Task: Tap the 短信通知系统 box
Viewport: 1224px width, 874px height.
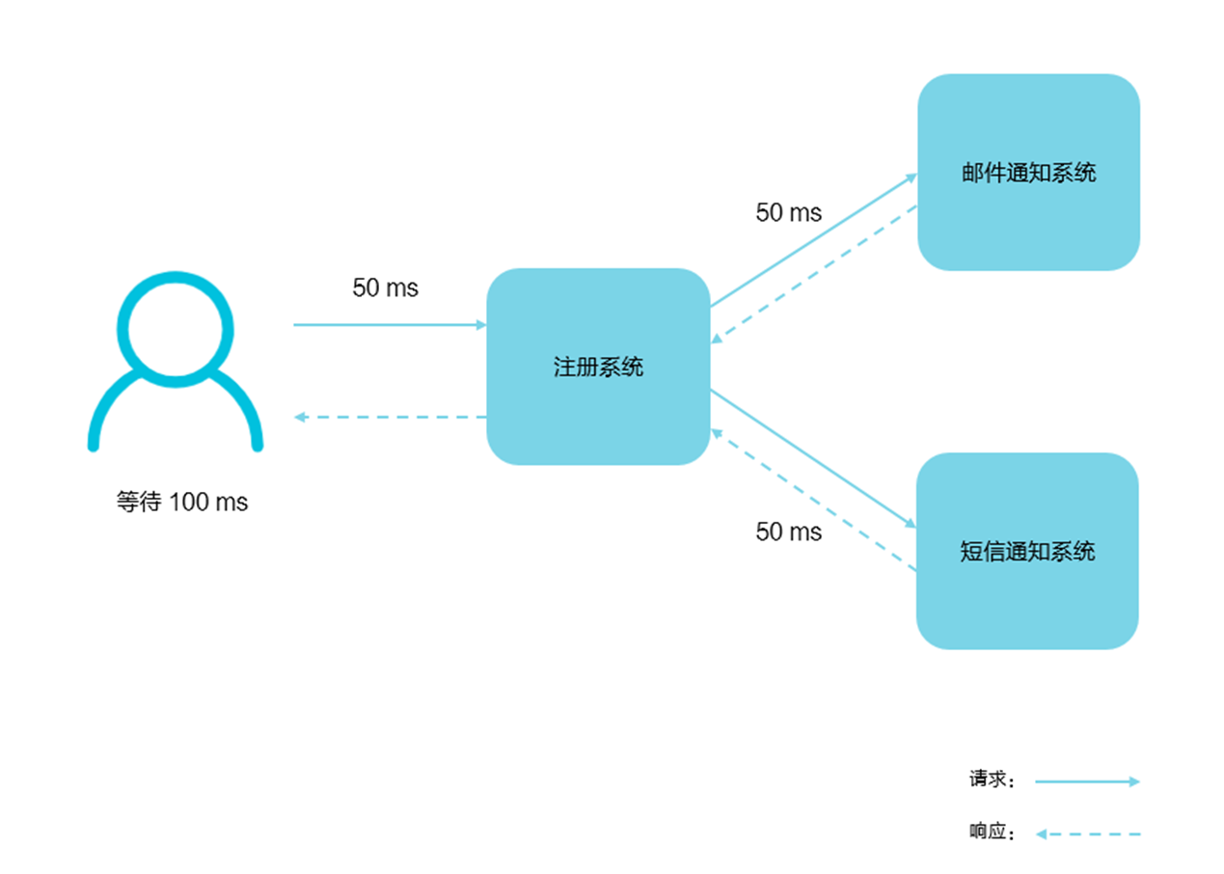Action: (x=1027, y=598)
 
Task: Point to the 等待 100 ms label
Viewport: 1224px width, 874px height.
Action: (x=182, y=503)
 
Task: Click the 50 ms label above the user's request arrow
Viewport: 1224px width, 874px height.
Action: (x=386, y=287)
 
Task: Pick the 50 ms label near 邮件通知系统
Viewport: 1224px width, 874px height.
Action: (x=789, y=212)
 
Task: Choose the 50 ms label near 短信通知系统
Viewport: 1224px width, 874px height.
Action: (x=789, y=532)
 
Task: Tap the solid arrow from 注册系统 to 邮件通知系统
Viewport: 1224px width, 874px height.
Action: (x=813, y=241)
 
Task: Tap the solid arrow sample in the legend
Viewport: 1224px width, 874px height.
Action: (x=1087, y=781)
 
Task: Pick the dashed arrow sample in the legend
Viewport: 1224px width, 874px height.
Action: (x=1087, y=833)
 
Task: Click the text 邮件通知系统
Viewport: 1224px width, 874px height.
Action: (x=1029, y=174)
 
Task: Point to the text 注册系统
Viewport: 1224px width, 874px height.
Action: (x=598, y=368)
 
